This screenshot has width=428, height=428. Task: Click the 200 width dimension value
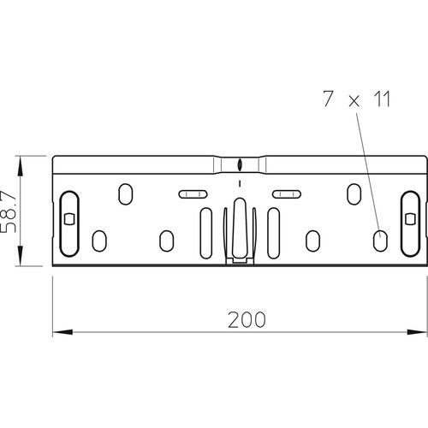[x=247, y=319]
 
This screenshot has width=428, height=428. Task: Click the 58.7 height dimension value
[x=8, y=211]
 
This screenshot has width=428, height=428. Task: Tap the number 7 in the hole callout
[x=328, y=98]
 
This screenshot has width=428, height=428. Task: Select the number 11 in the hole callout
[x=382, y=98]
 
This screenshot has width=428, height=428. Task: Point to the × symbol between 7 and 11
[x=354, y=101]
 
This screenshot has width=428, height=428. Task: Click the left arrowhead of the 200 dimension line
[x=62, y=332]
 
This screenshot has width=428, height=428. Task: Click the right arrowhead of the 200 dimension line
[x=417, y=332]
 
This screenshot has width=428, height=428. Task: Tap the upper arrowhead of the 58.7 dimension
[x=20, y=166]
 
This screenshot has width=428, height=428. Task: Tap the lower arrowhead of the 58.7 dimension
[x=20, y=256]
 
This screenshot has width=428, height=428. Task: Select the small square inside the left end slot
[x=69, y=219]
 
